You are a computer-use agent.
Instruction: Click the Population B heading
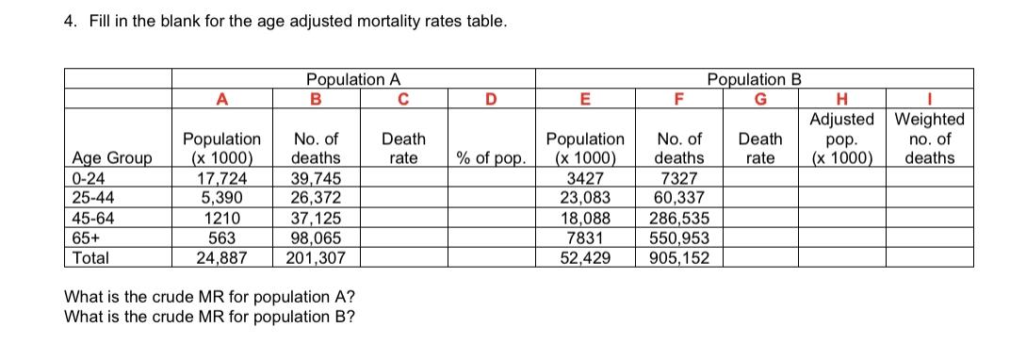tap(755, 79)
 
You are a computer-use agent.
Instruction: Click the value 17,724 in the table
tap(221, 182)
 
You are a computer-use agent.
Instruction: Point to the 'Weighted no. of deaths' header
tap(929, 139)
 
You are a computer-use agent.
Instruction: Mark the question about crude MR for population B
tap(208, 315)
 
